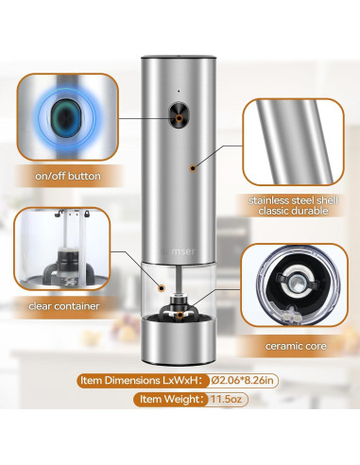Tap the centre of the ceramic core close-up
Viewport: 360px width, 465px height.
[299, 285]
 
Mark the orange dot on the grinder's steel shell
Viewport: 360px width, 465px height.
[194, 166]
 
